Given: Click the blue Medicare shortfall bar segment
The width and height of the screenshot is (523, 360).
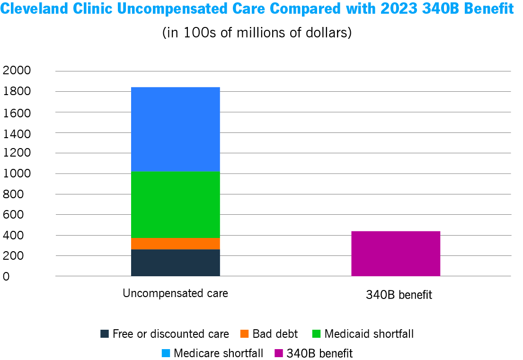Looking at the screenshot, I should (175, 129).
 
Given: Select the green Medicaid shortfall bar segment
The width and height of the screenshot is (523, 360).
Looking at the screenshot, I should (175, 204).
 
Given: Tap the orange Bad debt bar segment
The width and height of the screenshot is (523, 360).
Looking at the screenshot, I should (175, 244).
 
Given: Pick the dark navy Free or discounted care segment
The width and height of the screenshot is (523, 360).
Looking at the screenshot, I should (175, 263).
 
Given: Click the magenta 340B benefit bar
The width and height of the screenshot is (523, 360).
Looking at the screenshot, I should (396, 254).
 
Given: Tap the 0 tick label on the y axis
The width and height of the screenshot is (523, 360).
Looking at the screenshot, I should (6, 277).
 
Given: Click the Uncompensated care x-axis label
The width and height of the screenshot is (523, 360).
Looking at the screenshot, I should (175, 293).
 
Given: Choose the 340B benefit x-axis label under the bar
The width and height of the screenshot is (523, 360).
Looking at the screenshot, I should (399, 295).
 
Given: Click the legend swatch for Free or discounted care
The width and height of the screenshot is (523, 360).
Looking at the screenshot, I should (105, 334).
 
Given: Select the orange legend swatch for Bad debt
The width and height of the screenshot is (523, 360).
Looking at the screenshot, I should (244, 334).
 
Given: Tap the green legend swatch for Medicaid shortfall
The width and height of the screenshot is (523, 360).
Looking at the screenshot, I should (316, 334).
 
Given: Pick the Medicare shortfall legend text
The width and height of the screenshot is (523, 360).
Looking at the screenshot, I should (218, 353).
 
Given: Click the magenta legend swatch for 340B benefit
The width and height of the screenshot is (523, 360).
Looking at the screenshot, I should (278, 353).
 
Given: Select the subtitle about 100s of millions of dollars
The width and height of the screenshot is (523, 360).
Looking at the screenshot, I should (257, 33).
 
